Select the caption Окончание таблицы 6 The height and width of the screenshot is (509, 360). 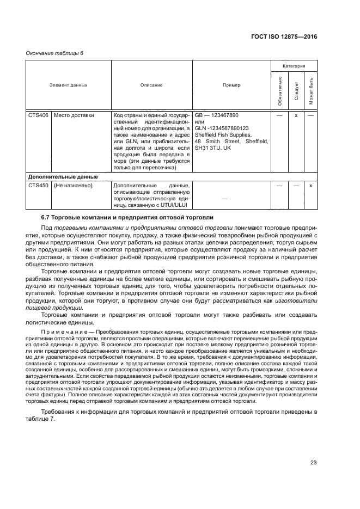point(54,53)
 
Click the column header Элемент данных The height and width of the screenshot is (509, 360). point(68,85)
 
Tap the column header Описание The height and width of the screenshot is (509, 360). point(151,85)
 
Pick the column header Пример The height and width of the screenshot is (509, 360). point(231,85)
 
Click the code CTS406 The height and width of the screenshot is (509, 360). point(38,115)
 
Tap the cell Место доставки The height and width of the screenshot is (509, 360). point(74,115)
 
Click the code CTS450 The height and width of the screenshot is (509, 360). point(38,186)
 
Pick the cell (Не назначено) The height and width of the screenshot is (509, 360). point(74,186)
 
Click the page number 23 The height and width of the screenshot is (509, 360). point(313,463)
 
